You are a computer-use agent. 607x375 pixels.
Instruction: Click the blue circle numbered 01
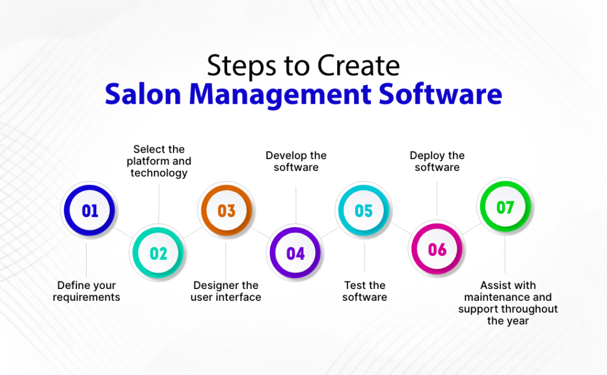(90, 211)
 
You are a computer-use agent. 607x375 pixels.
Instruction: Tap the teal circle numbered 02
(158, 253)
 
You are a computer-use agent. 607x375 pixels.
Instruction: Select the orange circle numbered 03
(226, 211)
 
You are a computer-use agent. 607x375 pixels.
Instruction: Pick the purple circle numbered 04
(295, 253)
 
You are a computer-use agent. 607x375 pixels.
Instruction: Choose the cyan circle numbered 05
(363, 211)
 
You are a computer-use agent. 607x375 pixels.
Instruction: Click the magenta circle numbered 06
(437, 249)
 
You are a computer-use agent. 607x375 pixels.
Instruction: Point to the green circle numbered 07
(505, 208)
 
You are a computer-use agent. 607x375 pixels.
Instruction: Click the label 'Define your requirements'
(87, 291)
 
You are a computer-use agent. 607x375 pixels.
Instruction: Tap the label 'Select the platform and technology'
(159, 161)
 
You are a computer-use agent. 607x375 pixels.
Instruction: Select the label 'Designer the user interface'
(226, 291)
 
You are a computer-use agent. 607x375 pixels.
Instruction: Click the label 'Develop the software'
(296, 161)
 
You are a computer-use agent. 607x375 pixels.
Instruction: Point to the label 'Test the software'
(365, 291)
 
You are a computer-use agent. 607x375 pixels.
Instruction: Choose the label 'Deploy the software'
(437, 161)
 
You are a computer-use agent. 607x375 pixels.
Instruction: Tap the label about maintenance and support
(508, 303)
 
